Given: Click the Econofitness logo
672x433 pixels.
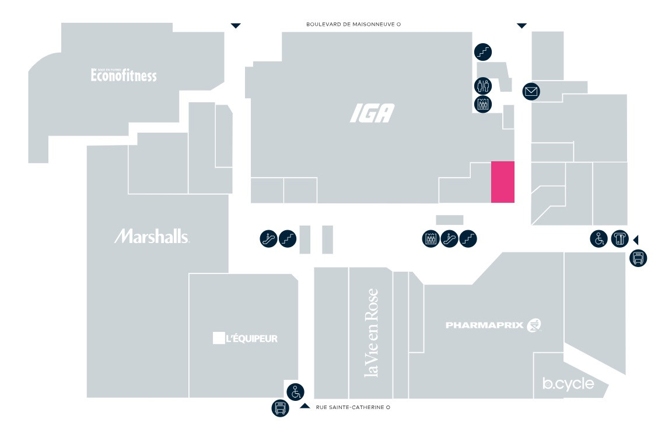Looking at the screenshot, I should (124, 75).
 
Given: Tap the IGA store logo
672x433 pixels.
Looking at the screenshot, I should (372, 113).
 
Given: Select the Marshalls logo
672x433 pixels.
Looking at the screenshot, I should (152, 236).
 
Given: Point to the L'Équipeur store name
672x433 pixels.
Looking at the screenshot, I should (244, 338).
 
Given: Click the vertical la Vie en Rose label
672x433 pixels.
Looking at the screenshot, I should (371, 333).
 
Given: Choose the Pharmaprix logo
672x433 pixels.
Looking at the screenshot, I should (494, 325).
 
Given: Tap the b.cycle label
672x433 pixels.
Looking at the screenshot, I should (568, 384).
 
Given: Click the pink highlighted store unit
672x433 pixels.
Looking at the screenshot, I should (502, 182).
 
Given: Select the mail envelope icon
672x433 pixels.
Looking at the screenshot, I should (531, 91).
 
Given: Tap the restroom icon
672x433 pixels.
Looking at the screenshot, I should (483, 86).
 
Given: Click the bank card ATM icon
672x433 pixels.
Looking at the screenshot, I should (619, 239).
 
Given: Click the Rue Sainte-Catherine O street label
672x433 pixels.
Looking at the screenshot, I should (352, 407).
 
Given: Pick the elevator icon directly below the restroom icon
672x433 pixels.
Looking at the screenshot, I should (483, 105).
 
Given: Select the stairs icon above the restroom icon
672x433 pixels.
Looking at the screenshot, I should (483, 52).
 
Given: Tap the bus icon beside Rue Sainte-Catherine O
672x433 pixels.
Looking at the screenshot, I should (281, 408).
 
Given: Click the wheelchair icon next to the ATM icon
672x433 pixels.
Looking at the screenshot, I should (598, 239).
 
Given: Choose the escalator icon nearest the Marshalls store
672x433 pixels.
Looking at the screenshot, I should (268, 238).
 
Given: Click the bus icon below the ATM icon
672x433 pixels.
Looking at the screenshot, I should (638, 258).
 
